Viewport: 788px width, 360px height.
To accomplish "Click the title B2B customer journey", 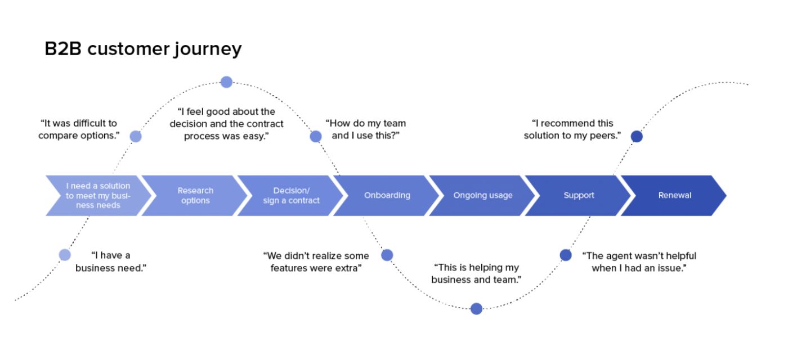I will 143,49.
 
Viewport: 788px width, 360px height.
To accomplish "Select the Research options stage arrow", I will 195,196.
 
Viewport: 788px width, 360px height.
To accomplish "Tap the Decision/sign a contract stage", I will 291,196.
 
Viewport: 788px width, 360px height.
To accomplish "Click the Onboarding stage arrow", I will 387,196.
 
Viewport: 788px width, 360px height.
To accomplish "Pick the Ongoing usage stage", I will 482,196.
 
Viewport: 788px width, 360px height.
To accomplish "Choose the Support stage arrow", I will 579,196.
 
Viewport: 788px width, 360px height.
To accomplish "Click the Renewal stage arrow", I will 674,196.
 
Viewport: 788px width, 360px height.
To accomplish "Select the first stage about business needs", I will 98,196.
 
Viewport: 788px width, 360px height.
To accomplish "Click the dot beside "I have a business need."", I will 65,255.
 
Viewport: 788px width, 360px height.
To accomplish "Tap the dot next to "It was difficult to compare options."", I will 136,136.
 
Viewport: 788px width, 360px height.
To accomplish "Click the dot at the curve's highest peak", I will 226,82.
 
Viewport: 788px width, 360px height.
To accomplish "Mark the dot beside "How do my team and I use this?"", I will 316,136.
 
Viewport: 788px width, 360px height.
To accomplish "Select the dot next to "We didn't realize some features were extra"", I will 387,255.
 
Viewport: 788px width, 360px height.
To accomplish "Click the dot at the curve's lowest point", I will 476,308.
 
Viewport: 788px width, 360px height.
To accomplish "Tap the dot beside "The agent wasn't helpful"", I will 566,255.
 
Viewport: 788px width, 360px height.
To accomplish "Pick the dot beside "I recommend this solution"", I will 637,136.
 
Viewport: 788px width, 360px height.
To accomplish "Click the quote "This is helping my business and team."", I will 476,273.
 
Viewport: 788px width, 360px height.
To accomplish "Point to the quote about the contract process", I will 226,124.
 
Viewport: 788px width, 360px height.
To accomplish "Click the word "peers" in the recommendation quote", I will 605,136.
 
